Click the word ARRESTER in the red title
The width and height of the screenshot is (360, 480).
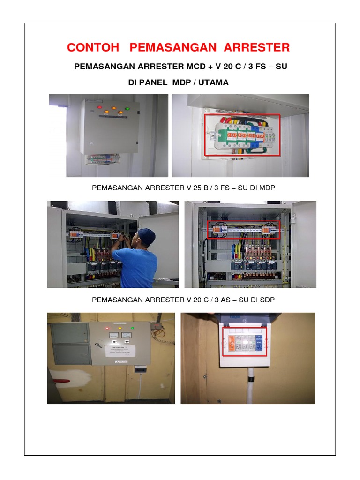256,47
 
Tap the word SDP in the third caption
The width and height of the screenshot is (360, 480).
266,300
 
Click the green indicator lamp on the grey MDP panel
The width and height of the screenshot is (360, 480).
127,110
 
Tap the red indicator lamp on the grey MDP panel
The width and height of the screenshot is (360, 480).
99,107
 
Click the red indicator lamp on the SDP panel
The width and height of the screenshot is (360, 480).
108,328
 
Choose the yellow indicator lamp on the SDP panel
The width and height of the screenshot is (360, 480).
120,328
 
